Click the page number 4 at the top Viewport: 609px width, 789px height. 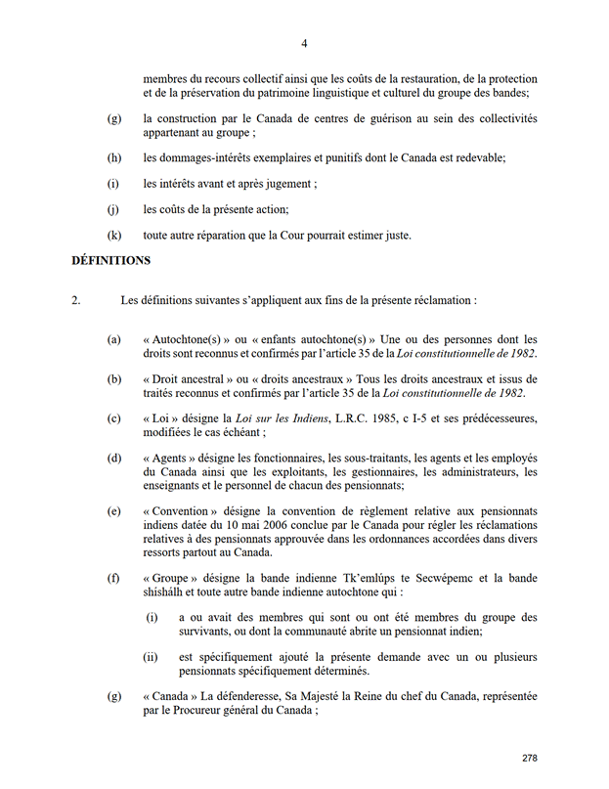(x=304, y=43)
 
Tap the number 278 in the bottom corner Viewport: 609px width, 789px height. (x=530, y=759)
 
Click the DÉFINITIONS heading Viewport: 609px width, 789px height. (x=110, y=261)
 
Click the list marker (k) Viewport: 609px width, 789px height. (x=114, y=235)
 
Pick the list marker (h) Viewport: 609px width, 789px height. (x=114, y=157)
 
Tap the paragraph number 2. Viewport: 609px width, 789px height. (x=76, y=300)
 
